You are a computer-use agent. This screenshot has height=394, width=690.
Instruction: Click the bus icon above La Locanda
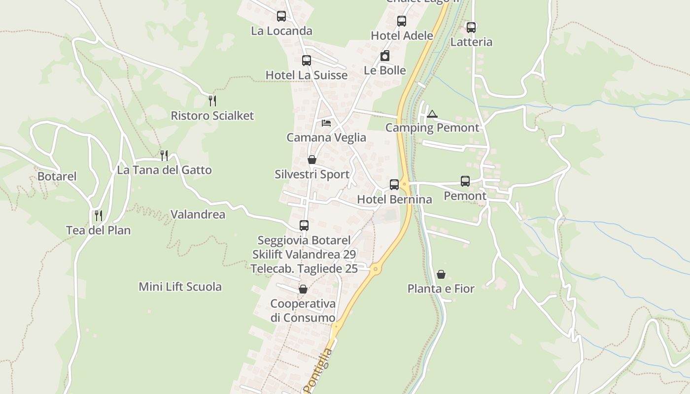[x=281, y=16]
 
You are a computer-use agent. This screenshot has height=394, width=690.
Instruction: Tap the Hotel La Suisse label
[x=307, y=75]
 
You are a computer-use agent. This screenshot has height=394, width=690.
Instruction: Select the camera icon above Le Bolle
[x=385, y=56]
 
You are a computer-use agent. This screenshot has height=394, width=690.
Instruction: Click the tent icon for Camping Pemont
[x=432, y=114]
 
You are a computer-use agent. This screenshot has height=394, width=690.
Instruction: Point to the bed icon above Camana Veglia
[x=326, y=123]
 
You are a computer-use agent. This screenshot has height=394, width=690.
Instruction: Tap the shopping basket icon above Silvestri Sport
[x=312, y=160]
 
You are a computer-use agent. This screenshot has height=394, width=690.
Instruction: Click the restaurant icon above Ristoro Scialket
[x=212, y=101]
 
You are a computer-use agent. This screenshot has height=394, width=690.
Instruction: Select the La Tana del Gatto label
[x=164, y=170]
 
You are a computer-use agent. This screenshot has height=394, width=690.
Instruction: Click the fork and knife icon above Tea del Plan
[x=99, y=215]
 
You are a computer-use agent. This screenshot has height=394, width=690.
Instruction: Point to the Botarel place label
[x=57, y=176]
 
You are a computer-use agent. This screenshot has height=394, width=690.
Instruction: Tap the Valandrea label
[x=198, y=214]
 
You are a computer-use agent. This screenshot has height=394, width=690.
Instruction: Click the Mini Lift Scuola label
[x=180, y=287]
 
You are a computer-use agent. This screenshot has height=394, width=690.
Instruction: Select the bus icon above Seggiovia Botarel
[x=304, y=226]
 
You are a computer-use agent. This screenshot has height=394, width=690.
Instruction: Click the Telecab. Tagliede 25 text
[x=304, y=269]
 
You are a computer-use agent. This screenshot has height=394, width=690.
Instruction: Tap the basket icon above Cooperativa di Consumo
[x=303, y=289]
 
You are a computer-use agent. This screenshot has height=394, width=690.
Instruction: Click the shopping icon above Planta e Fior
[x=441, y=274]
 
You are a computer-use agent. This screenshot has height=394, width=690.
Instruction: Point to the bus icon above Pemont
[x=465, y=181]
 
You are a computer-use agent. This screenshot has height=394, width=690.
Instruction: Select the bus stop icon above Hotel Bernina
[x=394, y=185]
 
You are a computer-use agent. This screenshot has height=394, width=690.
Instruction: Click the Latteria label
[x=471, y=42]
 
